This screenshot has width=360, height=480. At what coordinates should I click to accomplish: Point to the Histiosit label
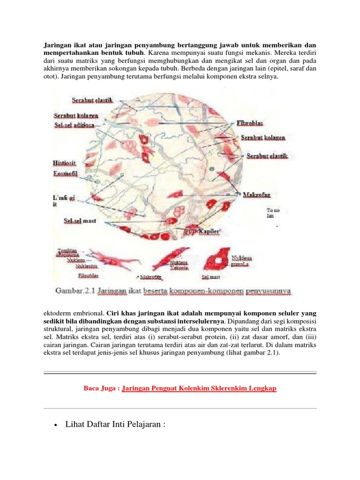tap(65, 163)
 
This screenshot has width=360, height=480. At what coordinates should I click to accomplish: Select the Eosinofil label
tap(66, 173)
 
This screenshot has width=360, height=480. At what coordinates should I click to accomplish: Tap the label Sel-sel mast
tap(80, 220)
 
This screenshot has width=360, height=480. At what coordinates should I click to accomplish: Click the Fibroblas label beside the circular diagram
tap(249, 123)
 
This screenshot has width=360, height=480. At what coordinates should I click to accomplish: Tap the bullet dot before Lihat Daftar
tap(56, 425)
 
